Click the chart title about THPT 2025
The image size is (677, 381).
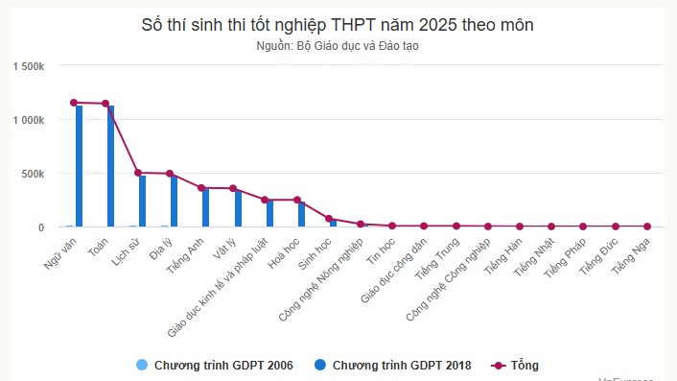338,24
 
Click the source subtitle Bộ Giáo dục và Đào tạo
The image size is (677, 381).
338,46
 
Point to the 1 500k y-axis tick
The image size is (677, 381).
27,66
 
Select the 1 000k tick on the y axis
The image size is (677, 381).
27,120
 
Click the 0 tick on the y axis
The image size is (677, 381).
41,227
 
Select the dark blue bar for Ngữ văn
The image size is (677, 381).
79,167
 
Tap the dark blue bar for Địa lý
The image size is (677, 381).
174,202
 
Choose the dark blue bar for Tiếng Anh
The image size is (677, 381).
205,208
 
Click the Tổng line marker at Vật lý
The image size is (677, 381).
233,189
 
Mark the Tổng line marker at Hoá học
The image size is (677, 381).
296,200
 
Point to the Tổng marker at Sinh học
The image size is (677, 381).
328,219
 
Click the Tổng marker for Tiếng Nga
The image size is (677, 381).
645,226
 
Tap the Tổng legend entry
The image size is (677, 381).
524,365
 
